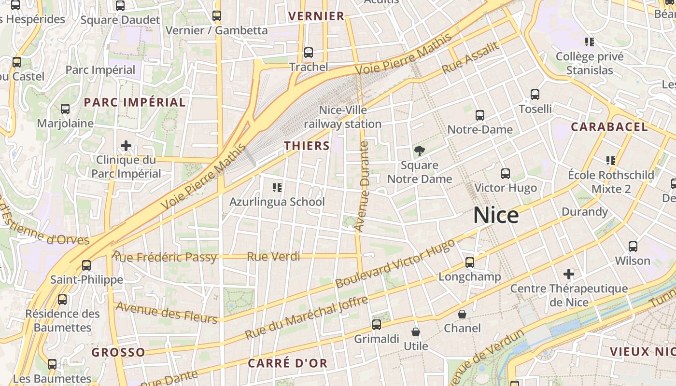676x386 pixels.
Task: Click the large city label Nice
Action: pos(496,215)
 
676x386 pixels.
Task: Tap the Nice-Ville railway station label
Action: pos(343,117)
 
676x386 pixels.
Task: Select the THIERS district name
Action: pos(307,146)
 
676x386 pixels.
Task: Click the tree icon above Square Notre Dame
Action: pos(419,151)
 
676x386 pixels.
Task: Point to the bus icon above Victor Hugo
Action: pos(506,174)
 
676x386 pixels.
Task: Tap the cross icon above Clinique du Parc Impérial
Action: pos(126,145)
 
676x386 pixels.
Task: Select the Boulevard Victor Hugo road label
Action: pos(395,263)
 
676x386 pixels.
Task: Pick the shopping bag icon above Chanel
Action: pos(462,314)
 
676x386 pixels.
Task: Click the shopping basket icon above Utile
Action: pos(415,332)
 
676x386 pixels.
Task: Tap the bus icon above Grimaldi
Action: pos(377,325)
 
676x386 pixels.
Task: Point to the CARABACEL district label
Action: pos(609,127)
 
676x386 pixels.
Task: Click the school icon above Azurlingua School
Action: pos(277,187)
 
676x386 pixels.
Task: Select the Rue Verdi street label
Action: pos(273,257)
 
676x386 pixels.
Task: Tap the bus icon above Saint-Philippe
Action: pos(86,265)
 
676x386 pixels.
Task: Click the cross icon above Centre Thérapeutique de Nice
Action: pos(569,274)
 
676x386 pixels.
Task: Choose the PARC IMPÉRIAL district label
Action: pos(135,102)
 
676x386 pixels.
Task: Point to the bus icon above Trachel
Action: pos(309,53)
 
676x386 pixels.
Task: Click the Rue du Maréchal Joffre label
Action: pos(307,318)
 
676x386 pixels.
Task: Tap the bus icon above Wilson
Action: pos(633,247)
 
